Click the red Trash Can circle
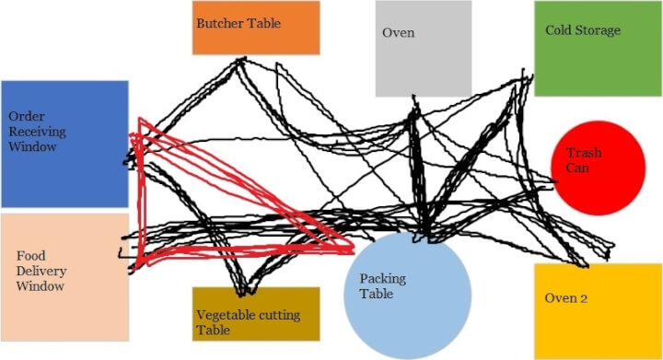(598, 168)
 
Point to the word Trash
(584, 153)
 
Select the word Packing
(382, 279)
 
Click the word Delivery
(41, 271)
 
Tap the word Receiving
(38, 132)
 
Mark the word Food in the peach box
(31, 255)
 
